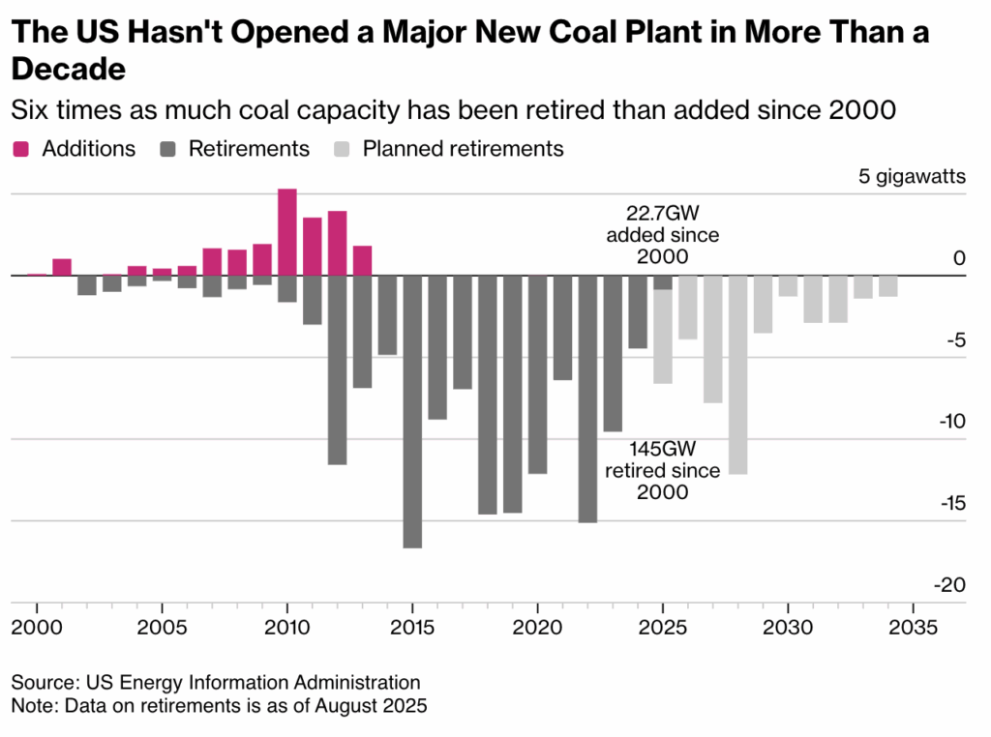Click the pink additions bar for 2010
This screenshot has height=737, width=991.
tap(287, 232)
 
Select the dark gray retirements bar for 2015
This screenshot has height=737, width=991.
tap(412, 411)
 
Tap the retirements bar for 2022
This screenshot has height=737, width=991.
tap(587, 398)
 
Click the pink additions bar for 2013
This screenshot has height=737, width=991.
tap(362, 261)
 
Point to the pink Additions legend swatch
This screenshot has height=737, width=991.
tap(21, 149)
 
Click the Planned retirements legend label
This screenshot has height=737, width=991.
tap(463, 149)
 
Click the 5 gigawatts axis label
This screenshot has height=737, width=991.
tap(912, 177)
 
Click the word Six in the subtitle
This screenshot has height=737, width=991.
tap(31, 110)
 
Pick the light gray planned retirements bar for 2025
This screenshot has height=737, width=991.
tap(663, 337)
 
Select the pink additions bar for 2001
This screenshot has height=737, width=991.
tap(62, 267)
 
